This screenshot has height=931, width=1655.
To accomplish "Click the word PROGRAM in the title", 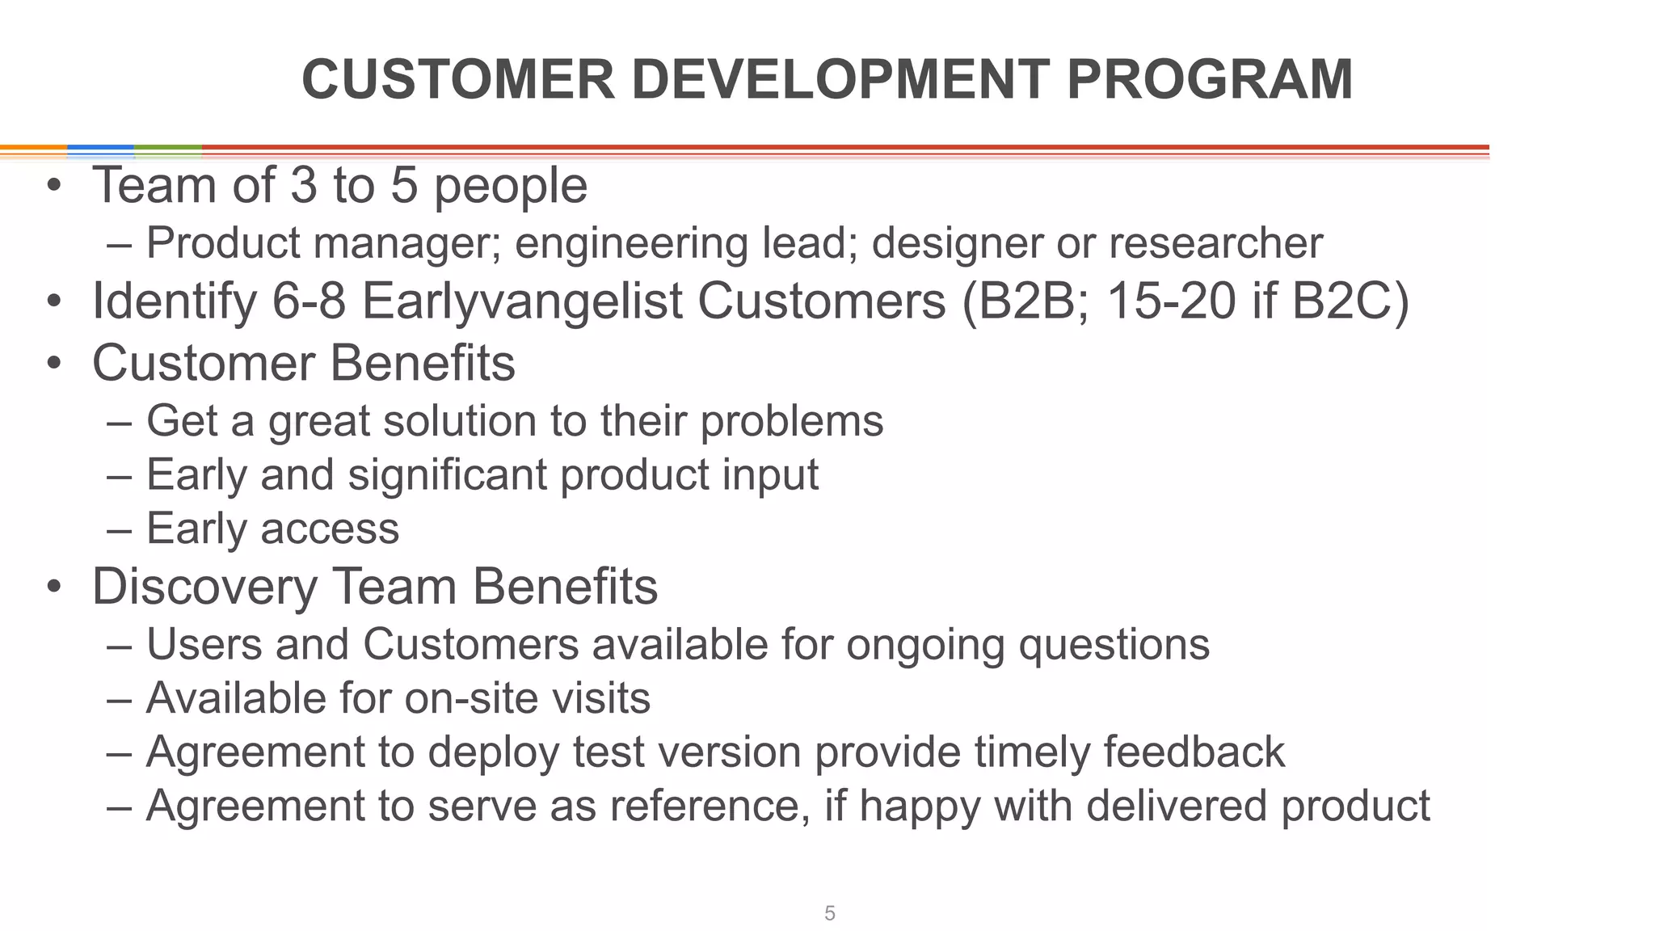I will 1209,80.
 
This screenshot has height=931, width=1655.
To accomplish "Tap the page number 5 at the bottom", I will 829,913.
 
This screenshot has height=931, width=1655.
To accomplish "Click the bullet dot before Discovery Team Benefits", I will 53,588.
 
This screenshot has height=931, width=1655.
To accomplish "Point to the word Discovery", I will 204,587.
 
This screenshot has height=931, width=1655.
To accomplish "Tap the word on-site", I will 459,698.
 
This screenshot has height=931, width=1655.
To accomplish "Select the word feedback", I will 1194,752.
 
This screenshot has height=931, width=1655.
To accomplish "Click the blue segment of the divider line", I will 100,149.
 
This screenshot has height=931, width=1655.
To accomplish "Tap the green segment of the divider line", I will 167,149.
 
